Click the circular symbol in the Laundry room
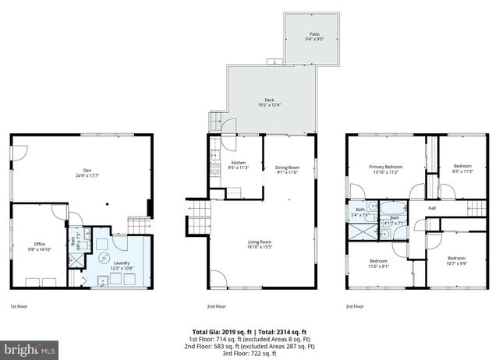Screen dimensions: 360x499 click(x=104, y=259)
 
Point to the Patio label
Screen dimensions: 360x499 click(x=314, y=35)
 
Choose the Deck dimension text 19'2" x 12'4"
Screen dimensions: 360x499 click(x=268, y=104)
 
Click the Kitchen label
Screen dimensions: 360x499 click(x=237, y=164)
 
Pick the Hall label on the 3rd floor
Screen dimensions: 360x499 click(x=431, y=208)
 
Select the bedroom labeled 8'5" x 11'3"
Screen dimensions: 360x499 click(x=463, y=169)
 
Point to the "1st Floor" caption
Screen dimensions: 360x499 click(x=19, y=306)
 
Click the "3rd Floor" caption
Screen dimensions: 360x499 click(x=355, y=306)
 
